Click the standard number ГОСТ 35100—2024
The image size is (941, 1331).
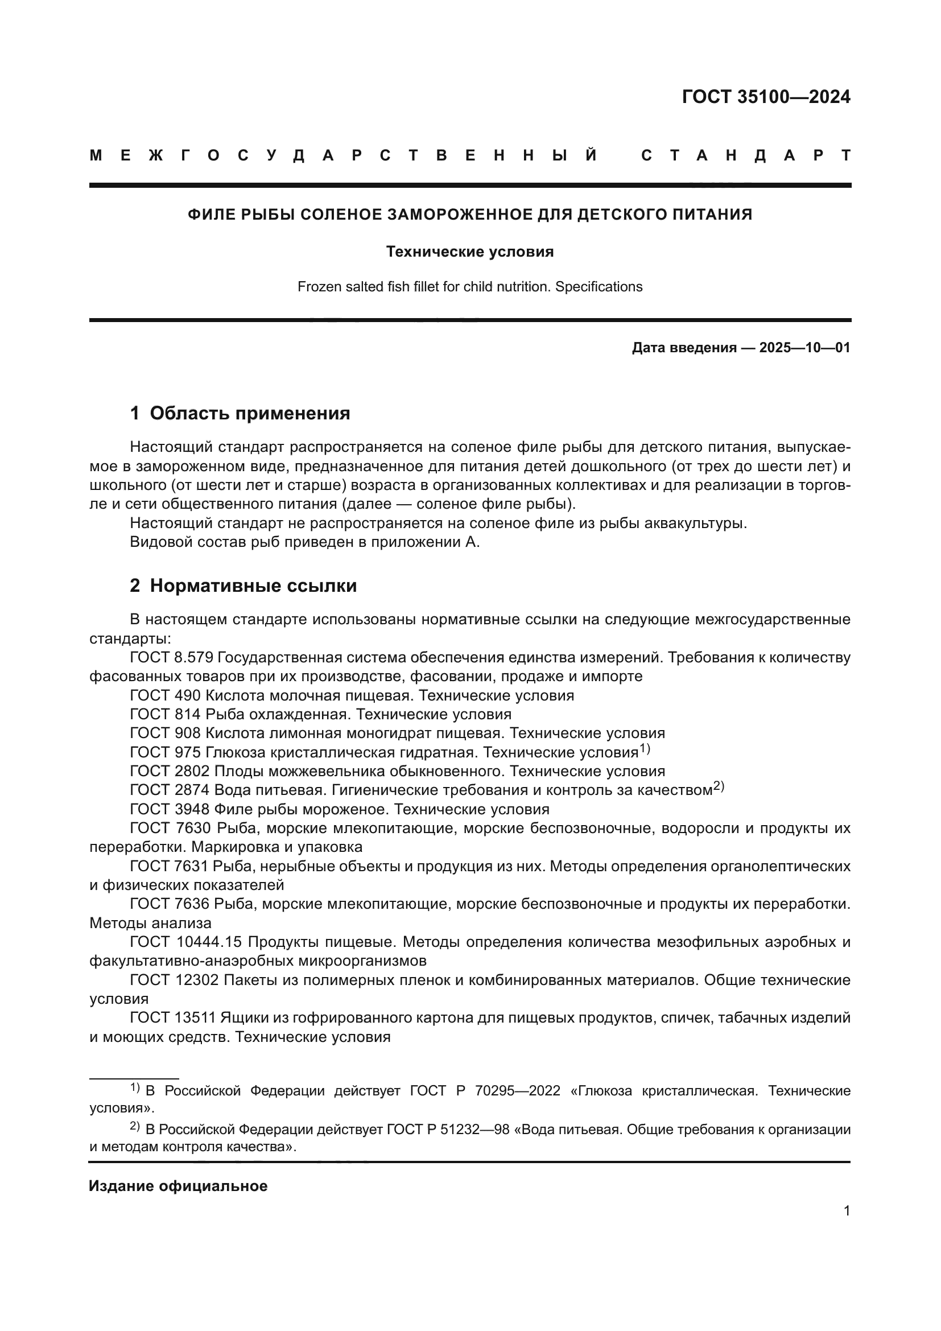point(765,97)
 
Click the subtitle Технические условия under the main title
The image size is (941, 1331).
point(470,252)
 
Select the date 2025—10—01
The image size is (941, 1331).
point(804,348)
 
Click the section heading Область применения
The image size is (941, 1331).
point(250,413)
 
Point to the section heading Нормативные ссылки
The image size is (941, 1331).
point(253,586)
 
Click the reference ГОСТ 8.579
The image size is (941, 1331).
point(172,657)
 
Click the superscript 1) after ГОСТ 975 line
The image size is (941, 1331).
point(645,749)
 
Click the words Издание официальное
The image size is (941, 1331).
point(178,1186)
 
